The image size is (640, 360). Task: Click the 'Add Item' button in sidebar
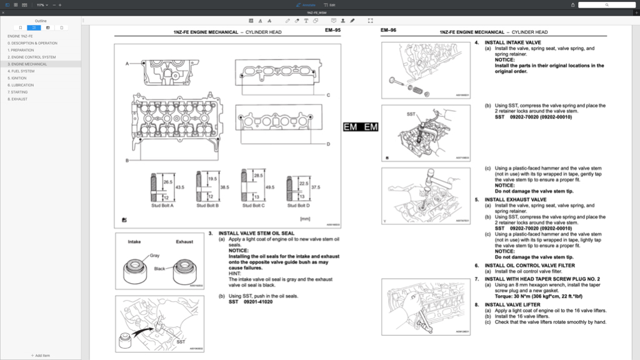pyautogui.click(x=41, y=355)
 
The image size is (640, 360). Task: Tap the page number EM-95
pyautogui.click(x=332, y=31)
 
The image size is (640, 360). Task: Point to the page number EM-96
pyautogui.click(x=389, y=31)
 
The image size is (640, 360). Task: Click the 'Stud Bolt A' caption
pyautogui.click(x=163, y=205)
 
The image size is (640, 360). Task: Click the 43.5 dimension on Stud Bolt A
pyautogui.click(x=179, y=187)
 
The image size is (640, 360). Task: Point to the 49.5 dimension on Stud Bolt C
pyautogui.click(x=270, y=187)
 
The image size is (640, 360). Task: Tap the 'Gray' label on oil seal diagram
pyautogui.click(x=154, y=256)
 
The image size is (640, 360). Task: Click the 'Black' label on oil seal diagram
pyautogui.click(x=160, y=269)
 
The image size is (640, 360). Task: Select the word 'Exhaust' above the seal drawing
pyautogui.click(x=184, y=241)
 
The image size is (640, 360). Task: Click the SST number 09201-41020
pyautogui.click(x=259, y=302)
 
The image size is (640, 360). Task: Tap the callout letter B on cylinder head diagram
pyautogui.click(x=127, y=161)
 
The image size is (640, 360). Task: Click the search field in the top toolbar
pyautogui.click(x=606, y=5)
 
